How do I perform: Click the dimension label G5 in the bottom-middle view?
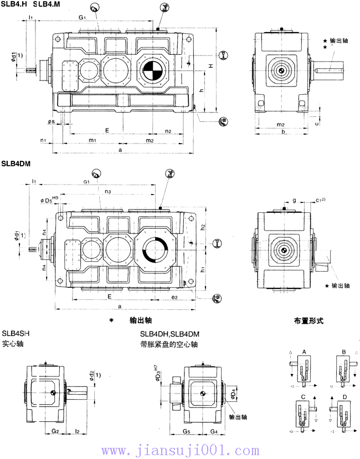[x=187, y=430]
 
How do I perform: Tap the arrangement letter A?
[x=304, y=352]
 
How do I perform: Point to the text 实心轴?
[x=13, y=344]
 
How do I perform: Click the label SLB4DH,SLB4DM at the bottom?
[x=169, y=334]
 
